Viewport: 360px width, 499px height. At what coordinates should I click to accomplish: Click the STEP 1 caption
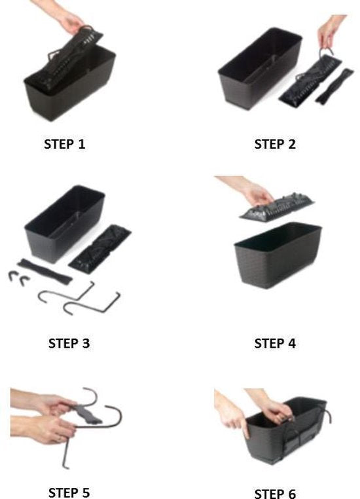click(x=65, y=144)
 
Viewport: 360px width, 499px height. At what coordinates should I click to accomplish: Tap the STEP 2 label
click(x=275, y=144)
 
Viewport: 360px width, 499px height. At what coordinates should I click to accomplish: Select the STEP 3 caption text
click(x=69, y=343)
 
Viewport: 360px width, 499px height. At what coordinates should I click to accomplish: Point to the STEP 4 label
click(x=275, y=343)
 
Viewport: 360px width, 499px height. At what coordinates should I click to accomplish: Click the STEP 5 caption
click(x=69, y=492)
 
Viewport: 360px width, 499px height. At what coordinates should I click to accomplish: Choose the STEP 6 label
click(x=275, y=494)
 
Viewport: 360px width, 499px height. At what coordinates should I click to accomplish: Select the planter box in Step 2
click(x=259, y=67)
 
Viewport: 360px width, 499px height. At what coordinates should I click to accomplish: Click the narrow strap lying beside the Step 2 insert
click(x=334, y=86)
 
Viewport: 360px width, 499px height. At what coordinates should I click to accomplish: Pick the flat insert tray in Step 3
click(x=99, y=249)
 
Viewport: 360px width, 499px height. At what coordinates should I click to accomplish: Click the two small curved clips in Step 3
click(x=19, y=278)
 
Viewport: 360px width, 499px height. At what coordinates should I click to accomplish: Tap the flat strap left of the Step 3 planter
click(x=45, y=272)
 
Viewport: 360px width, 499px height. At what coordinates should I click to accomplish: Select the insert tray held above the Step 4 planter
click(x=276, y=207)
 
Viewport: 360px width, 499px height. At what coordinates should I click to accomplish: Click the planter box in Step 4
click(x=278, y=255)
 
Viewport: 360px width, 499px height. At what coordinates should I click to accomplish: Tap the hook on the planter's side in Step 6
click(x=327, y=412)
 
